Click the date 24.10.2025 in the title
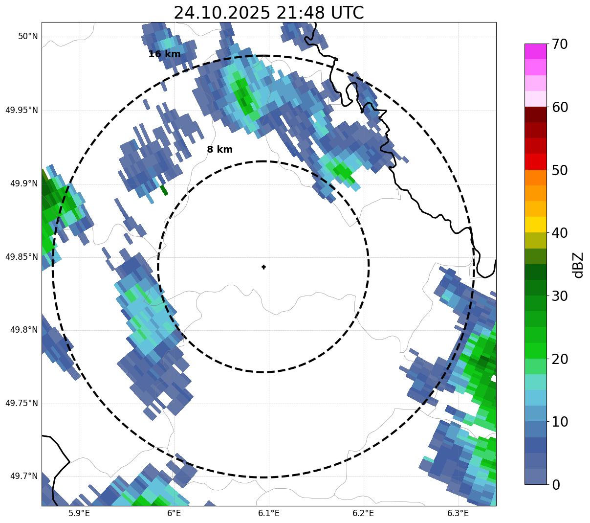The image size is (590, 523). click(221, 13)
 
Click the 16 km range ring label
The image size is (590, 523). click(164, 54)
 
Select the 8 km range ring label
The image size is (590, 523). click(219, 150)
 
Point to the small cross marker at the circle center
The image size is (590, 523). click(263, 267)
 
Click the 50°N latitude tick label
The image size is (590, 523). click(28, 36)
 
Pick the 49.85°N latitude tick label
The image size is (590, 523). click(22, 257)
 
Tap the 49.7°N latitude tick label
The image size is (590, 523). click(24, 477)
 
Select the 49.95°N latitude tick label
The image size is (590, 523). click(22, 110)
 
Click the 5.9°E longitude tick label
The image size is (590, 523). click(79, 513)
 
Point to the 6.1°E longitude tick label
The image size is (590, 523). click(268, 513)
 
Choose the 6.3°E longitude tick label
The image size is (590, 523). click(458, 513)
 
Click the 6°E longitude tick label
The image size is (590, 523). click(174, 513)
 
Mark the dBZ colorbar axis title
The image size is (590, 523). click(578, 265)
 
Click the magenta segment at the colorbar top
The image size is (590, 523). click(535, 51)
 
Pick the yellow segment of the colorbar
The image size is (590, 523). click(535, 225)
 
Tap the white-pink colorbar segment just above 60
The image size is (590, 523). click(535, 99)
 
